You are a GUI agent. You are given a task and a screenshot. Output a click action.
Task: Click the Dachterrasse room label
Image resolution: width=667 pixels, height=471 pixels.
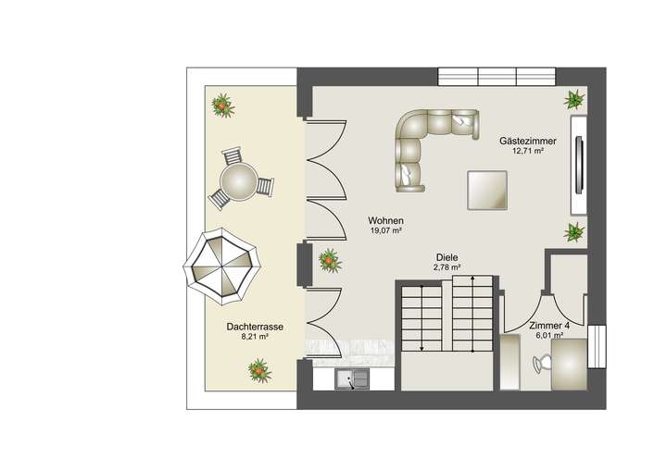click(255, 327)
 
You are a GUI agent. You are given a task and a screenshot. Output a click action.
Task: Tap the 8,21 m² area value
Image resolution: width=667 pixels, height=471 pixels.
click(255, 337)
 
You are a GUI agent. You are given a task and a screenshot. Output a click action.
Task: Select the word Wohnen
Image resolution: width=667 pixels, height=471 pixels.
click(385, 220)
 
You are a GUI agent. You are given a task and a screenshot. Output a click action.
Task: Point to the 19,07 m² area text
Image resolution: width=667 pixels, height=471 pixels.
click(385, 230)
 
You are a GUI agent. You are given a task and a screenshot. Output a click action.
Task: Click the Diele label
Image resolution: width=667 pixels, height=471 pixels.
click(447, 258)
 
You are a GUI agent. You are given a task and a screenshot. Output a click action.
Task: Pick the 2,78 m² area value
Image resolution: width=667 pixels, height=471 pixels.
click(447, 268)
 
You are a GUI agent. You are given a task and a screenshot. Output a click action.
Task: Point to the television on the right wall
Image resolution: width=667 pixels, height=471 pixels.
click(580, 162)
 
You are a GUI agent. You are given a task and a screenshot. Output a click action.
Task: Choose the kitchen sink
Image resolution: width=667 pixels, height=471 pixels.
click(353, 378)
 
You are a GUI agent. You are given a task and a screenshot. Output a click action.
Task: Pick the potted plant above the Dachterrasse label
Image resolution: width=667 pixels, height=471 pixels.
click(258, 372)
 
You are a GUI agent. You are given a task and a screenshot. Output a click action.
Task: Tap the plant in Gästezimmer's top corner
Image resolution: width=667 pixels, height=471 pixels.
click(574, 98)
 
